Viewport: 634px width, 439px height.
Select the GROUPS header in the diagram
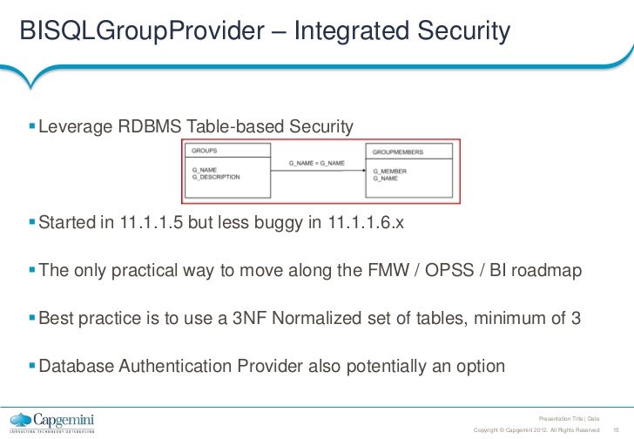pos(204,151)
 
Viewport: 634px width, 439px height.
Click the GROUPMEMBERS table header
pos(397,152)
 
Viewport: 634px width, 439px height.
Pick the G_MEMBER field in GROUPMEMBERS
pos(389,171)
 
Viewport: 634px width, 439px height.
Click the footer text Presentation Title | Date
pos(570,419)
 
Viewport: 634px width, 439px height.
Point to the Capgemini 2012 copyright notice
pos(536,429)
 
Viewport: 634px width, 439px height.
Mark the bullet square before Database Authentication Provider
pos(32,365)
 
